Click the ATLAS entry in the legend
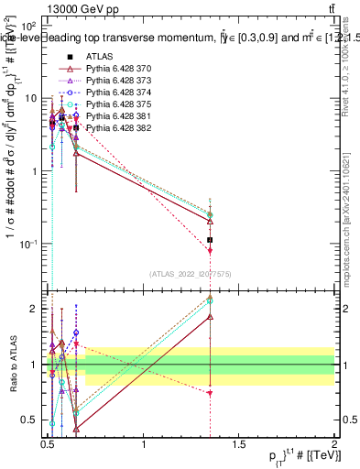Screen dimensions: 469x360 point(101,57)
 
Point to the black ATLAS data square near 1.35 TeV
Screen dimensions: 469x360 point(211,240)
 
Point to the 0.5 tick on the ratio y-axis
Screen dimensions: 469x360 point(31,420)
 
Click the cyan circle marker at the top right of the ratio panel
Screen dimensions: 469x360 point(211,300)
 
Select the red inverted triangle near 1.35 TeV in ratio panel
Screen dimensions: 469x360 point(211,392)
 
